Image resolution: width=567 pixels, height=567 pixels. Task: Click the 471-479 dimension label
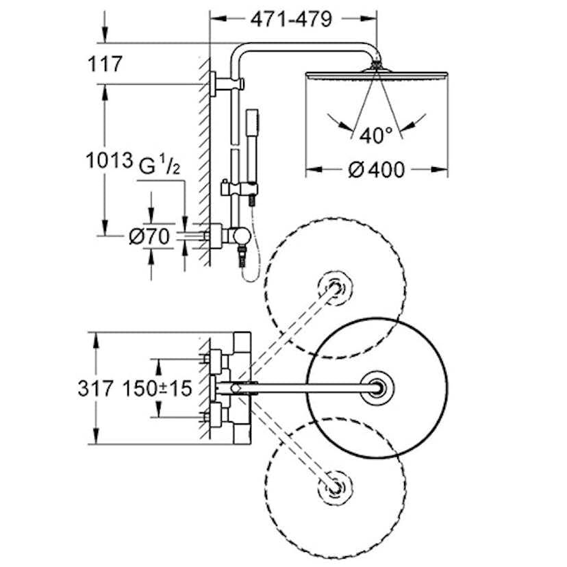[291, 19]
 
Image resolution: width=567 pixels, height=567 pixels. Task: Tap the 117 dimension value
[105, 65]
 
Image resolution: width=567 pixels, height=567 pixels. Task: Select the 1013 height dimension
[109, 162]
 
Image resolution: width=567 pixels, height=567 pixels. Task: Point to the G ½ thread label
[160, 165]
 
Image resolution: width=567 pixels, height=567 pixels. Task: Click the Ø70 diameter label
[149, 237]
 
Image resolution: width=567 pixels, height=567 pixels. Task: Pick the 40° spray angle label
[375, 134]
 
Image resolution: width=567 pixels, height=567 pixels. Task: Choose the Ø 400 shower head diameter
[376, 169]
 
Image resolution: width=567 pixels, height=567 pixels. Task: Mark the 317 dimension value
[95, 388]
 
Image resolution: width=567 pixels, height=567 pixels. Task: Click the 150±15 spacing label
[157, 388]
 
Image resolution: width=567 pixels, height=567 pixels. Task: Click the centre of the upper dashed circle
[336, 287]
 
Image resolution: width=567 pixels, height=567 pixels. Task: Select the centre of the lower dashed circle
[336, 488]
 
